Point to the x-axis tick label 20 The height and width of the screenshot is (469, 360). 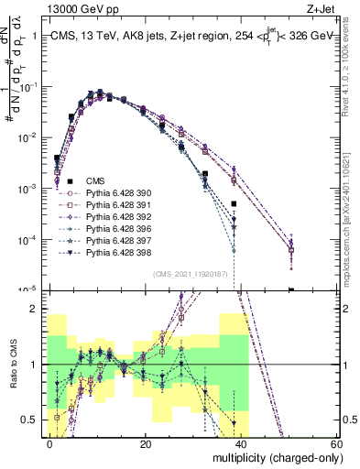146,443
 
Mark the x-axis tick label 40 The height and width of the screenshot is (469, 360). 241,443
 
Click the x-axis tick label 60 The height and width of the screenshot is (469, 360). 335,443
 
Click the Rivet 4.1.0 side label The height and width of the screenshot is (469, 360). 352,69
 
